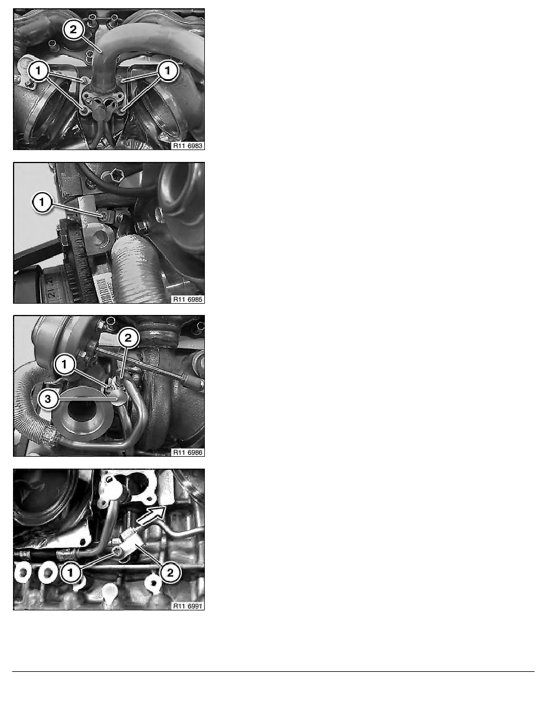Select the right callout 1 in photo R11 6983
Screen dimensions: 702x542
click(168, 71)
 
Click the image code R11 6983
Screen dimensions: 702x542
click(187, 144)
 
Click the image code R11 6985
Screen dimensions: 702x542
click(187, 298)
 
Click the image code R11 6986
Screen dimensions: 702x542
click(187, 451)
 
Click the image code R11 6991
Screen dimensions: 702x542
click(187, 605)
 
